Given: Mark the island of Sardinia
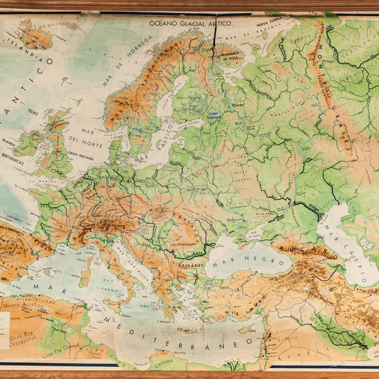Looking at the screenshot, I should [x=85, y=270].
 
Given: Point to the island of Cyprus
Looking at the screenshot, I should [x=245, y=318].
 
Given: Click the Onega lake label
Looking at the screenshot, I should [x=238, y=105].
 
